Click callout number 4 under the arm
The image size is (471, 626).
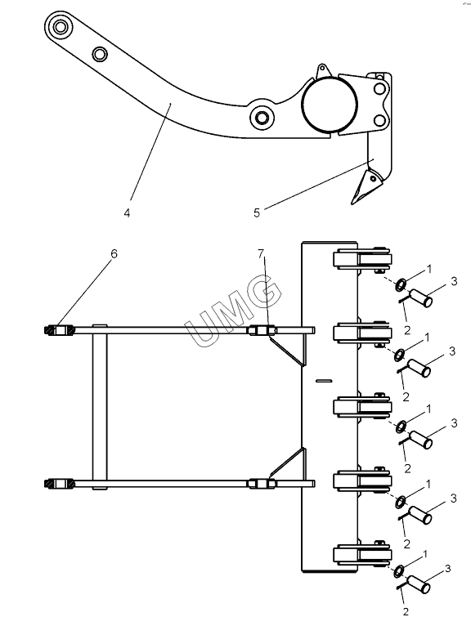pyautogui.click(x=127, y=213)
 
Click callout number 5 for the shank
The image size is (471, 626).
pyautogui.click(x=257, y=212)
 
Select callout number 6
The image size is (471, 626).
pyautogui.click(x=114, y=253)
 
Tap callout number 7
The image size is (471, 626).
pyautogui.click(x=261, y=253)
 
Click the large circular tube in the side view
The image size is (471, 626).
pyautogui.click(x=330, y=105)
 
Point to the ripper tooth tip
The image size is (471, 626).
pyautogui.click(x=353, y=203)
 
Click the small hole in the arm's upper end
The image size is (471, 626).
pyautogui.click(x=100, y=53)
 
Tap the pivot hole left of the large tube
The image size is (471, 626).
pyautogui.click(x=262, y=118)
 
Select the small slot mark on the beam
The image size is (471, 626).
pyautogui.click(x=324, y=381)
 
